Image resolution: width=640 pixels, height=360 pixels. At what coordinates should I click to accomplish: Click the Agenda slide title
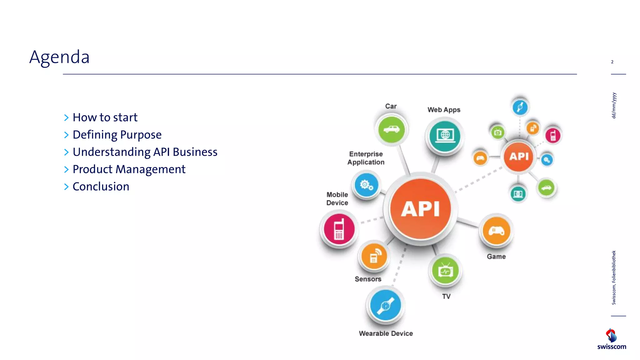[59, 57]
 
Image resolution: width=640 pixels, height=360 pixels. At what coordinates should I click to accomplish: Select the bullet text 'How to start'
[105, 117]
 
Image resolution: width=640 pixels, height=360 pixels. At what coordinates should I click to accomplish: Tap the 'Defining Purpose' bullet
[117, 135]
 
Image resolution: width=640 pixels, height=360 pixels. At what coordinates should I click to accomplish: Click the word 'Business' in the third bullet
[195, 152]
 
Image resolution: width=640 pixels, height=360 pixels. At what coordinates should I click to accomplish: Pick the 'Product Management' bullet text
[129, 169]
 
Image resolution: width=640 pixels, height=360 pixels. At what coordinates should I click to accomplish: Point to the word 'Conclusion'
[101, 187]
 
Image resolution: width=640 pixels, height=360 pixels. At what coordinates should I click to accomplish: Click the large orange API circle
[421, 209]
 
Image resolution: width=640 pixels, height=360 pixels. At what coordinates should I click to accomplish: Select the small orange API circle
[519, 156]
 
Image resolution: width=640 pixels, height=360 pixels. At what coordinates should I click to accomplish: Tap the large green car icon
[391, 129]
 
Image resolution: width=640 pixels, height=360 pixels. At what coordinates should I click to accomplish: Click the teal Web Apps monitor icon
[444, 136]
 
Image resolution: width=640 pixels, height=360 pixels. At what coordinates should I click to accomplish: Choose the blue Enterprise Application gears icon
[366, 185]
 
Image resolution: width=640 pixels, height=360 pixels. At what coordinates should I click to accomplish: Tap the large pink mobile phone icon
[339, 229]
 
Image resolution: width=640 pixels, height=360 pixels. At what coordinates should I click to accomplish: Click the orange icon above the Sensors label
[374, 256]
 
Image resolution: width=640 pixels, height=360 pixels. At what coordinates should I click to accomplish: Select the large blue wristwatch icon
[385, 305]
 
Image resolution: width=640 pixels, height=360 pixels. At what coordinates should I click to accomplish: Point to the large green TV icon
[445, 271]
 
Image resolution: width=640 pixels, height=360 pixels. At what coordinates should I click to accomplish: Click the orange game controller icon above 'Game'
[496, 231]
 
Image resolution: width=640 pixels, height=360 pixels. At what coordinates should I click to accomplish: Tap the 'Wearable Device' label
[386, 333]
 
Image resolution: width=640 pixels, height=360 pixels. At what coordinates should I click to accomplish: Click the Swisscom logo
[612, 339]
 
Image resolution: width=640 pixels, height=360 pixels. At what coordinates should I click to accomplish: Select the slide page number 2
[612, 62]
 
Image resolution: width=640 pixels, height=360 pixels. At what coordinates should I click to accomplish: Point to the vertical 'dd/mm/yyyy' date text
[614, 105]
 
